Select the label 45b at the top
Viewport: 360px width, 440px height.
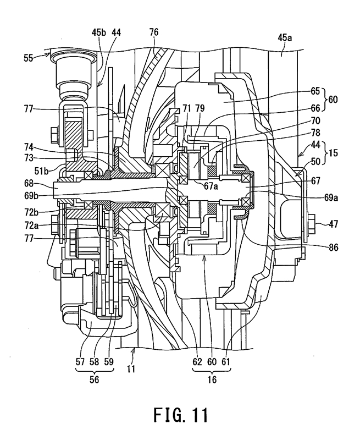coord(101,33)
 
